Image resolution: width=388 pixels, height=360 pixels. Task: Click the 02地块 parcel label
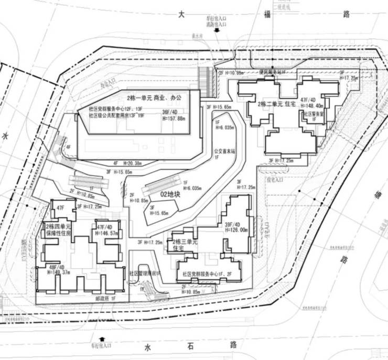click(169, 194)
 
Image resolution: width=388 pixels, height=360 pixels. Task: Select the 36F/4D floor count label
click(171, 111)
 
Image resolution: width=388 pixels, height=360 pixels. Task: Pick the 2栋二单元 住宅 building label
click(278, 105)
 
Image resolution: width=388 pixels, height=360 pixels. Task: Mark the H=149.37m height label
click(57, 272)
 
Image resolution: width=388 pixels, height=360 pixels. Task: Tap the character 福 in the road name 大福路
click(265, 15)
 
